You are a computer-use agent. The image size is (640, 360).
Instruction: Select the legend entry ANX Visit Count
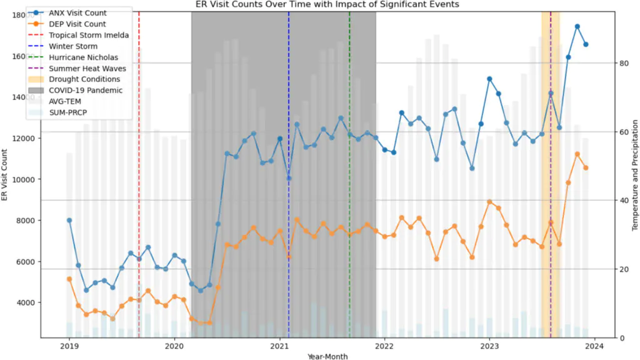point(77,13)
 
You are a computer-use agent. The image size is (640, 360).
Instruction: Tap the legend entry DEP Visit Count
point(77,24)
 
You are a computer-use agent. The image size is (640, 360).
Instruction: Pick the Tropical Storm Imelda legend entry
point(88,36)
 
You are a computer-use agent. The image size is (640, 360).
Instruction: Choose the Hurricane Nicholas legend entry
point(83,57)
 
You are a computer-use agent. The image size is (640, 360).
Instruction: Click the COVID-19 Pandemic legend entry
point(86,91)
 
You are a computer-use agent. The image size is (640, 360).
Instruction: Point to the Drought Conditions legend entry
point(84,79)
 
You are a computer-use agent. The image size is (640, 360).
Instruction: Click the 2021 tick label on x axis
point(279,346)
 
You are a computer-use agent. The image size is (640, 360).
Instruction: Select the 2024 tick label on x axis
point(594,346)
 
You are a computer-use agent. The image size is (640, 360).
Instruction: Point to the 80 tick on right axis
point(622,63)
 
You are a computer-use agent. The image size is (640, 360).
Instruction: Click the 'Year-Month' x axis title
point(328,356)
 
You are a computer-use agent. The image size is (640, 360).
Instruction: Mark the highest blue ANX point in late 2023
point(577,27)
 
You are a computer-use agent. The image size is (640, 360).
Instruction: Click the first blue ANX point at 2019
point(69,220)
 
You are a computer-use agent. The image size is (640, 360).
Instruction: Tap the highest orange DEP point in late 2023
point(577,154)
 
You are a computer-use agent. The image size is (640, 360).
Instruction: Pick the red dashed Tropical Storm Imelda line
point(139,187)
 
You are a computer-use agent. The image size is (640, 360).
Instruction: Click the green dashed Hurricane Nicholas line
point(349,187)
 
